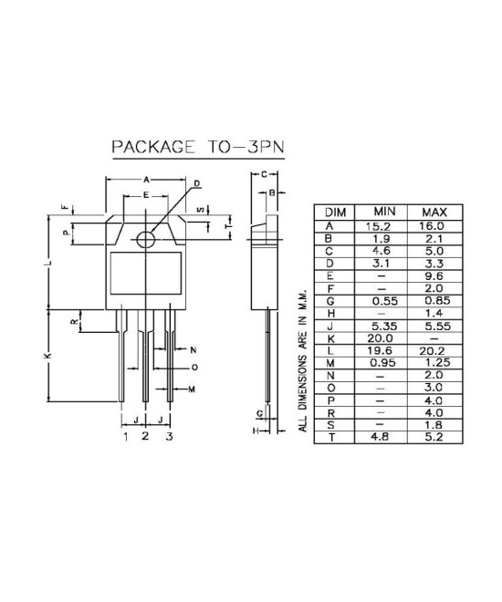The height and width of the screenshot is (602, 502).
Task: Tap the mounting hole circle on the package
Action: pyautogui.click(x=145, y=239)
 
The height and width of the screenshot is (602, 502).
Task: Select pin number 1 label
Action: pyautogui.click(x=125, y=437)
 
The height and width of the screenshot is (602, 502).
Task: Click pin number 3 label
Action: pyautogui.click(x=169, y=437)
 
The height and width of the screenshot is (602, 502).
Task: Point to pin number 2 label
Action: pyautogui.click(x=145, y=437)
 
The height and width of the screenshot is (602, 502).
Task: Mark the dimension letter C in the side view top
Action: pyautogui.click(x=263, y=173)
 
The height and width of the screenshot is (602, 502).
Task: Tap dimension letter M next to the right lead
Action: pyautogui.click(x=193, y=389)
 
